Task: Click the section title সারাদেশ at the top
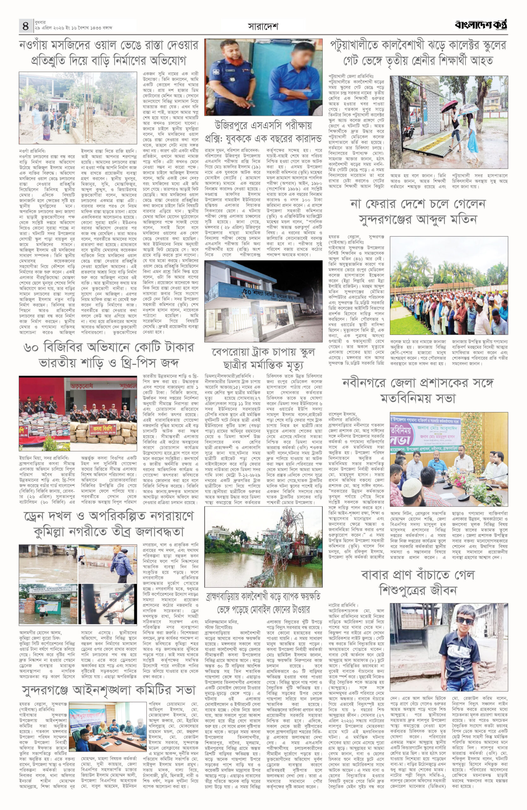coord(263,26)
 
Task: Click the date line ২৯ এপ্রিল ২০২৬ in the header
coord(73,28)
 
